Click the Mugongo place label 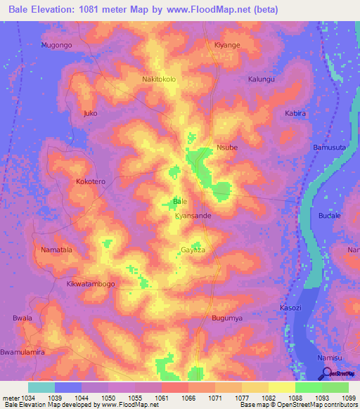pos(57,45)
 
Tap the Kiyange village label pos(227,45)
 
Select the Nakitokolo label pos(159,79)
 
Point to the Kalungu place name pos(262,79)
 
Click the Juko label pos(90,113)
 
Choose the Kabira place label pos(295,113)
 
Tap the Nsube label pos(227,148)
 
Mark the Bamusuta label pos(329,148)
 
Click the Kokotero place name pos(91,181)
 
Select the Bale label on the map pos(180,202)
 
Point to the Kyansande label pos(193,216)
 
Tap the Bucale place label pos(329,216)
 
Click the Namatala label pos(57,249)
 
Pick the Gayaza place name pos(193,249)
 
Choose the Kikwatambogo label pos(91,284)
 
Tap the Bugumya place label pos(227,318)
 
